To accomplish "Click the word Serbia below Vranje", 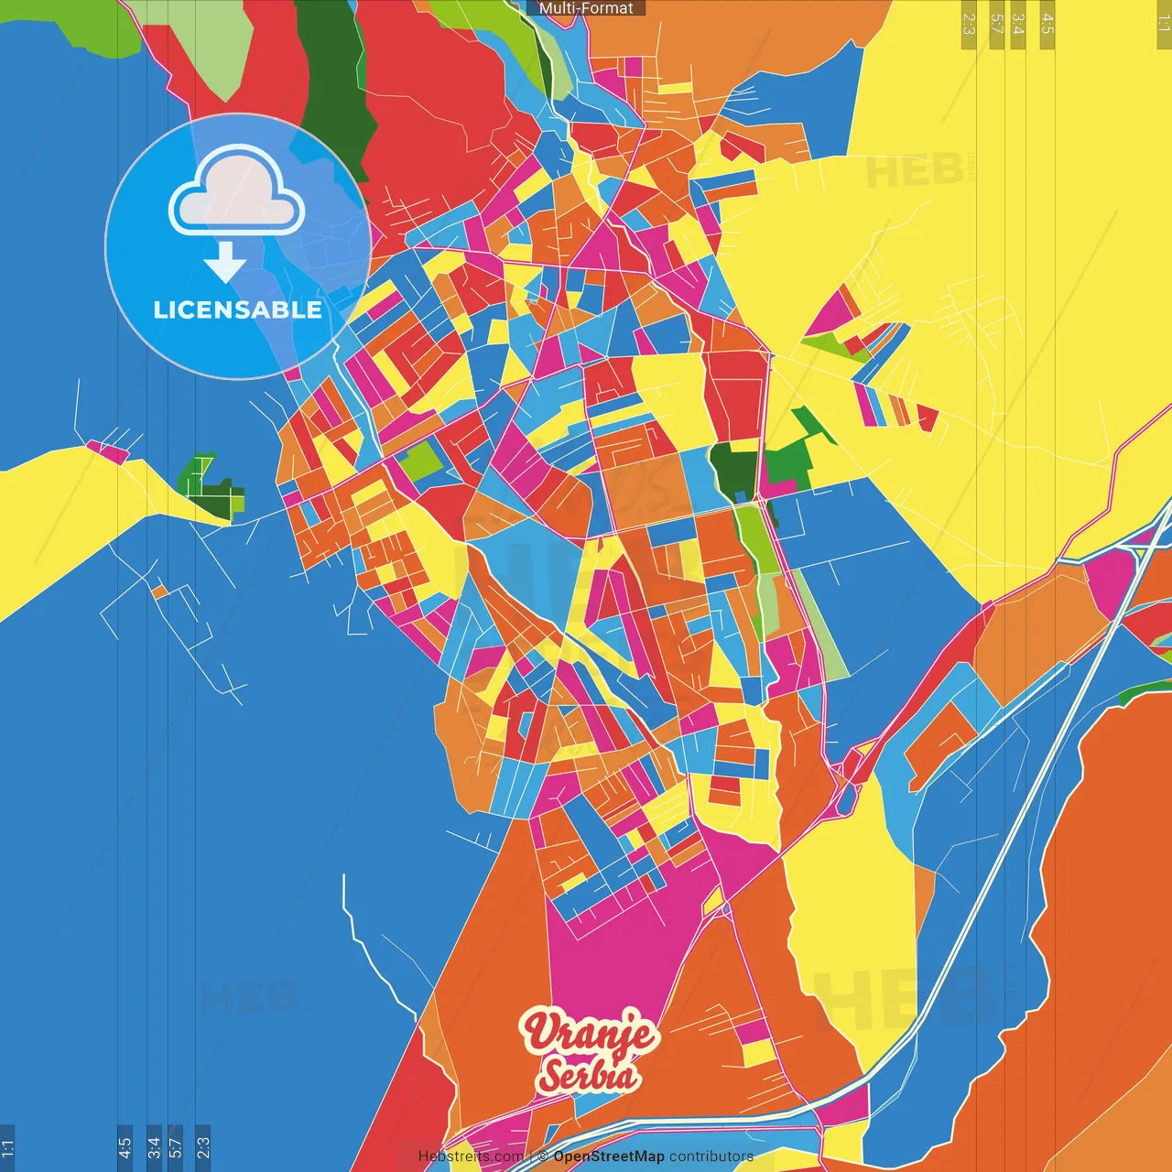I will (x=588, y=1075).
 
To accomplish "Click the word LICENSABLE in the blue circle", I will (x=238, y=309).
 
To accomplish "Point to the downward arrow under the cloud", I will (x=224, y=262).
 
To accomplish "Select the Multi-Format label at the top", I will (x=586, y=8).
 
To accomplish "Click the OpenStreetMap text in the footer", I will (x=608, y=1156).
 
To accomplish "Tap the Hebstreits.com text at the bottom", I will (x=471, y=1156).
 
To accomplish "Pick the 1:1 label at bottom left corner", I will (x=7, y=1147).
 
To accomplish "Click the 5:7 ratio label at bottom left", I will (x=176, y=1147).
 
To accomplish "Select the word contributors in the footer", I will (x=711, y=1156).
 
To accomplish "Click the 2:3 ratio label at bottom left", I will (x=203, y=1147).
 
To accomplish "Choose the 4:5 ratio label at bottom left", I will (x=125, y=1147).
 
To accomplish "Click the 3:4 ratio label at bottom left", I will (x=154, y=1147).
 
